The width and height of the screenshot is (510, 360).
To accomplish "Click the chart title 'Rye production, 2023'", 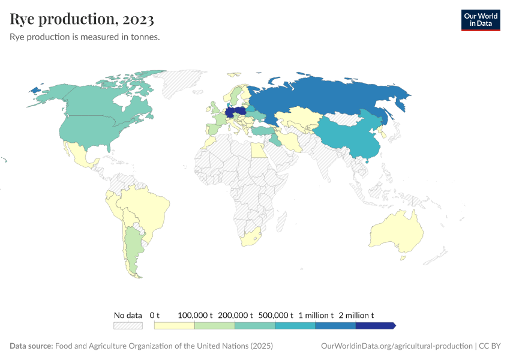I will coord(82,20).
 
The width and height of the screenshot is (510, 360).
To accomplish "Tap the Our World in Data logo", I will coord(480,20).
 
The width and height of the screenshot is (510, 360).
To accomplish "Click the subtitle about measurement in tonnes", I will coord(84,37).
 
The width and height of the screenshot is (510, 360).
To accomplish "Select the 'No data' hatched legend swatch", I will coord(128,326).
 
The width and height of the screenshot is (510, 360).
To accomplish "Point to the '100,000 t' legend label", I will coord(196,315).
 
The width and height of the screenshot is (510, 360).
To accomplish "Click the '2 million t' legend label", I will coord(356,315).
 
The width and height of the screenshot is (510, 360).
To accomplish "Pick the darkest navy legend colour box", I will coord(375,326).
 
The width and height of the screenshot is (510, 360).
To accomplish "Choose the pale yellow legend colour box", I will coord(175,326).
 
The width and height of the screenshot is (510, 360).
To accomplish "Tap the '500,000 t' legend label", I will coord(275,315).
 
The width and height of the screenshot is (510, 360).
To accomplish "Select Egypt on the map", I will coord(257,150).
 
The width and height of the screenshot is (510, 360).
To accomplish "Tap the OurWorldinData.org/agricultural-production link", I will coord(397,346).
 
